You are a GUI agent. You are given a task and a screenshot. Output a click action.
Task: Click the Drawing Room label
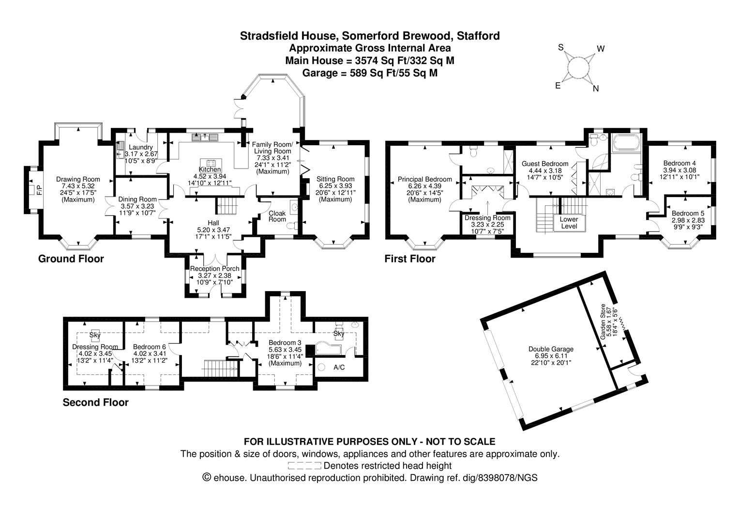(78, 179)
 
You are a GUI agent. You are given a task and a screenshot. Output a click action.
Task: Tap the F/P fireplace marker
(32, 189)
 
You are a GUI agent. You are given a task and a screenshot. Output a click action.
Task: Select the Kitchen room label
(210, 169)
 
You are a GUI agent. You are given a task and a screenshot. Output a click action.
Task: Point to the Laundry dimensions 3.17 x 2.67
(138, 154)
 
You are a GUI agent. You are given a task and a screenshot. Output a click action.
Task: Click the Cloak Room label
(277, 216)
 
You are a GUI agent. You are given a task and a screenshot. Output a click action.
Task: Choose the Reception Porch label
(214, 269)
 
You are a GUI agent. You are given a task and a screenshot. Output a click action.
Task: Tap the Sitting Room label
(335, 179)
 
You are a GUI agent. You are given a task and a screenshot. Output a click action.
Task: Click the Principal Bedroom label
(424, 179)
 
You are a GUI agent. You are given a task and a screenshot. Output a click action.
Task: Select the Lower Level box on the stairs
(569, 223)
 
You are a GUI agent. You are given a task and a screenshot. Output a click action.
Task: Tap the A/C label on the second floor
(339, 368)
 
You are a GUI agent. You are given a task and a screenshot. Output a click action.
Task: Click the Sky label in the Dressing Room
(95, 335)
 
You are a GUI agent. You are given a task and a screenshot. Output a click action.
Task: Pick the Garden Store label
(603, 322)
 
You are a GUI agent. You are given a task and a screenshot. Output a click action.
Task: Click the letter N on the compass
(596, 89)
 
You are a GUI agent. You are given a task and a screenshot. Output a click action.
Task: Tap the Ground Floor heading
(71, 259)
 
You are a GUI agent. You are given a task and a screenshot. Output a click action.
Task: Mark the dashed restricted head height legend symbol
(304, 466)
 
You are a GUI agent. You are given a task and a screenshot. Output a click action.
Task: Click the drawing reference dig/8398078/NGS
(507, 478)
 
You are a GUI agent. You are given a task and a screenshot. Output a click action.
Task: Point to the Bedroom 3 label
(285, 342)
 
